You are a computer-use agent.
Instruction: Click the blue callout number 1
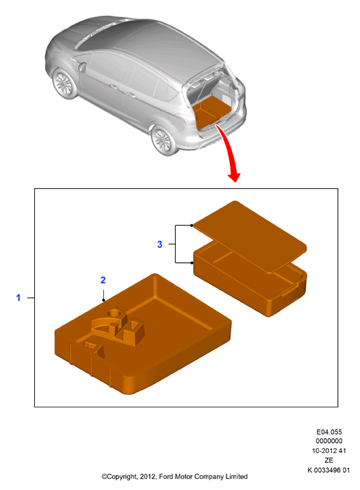18,298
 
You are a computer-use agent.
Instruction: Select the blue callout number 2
103,280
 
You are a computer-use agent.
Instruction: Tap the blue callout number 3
159,244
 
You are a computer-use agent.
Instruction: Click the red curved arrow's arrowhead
234,177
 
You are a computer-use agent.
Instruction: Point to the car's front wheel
65,83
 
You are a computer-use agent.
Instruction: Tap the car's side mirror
83,67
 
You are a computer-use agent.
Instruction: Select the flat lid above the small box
250,236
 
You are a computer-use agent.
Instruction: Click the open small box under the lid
250,287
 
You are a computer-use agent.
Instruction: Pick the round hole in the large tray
114,312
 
